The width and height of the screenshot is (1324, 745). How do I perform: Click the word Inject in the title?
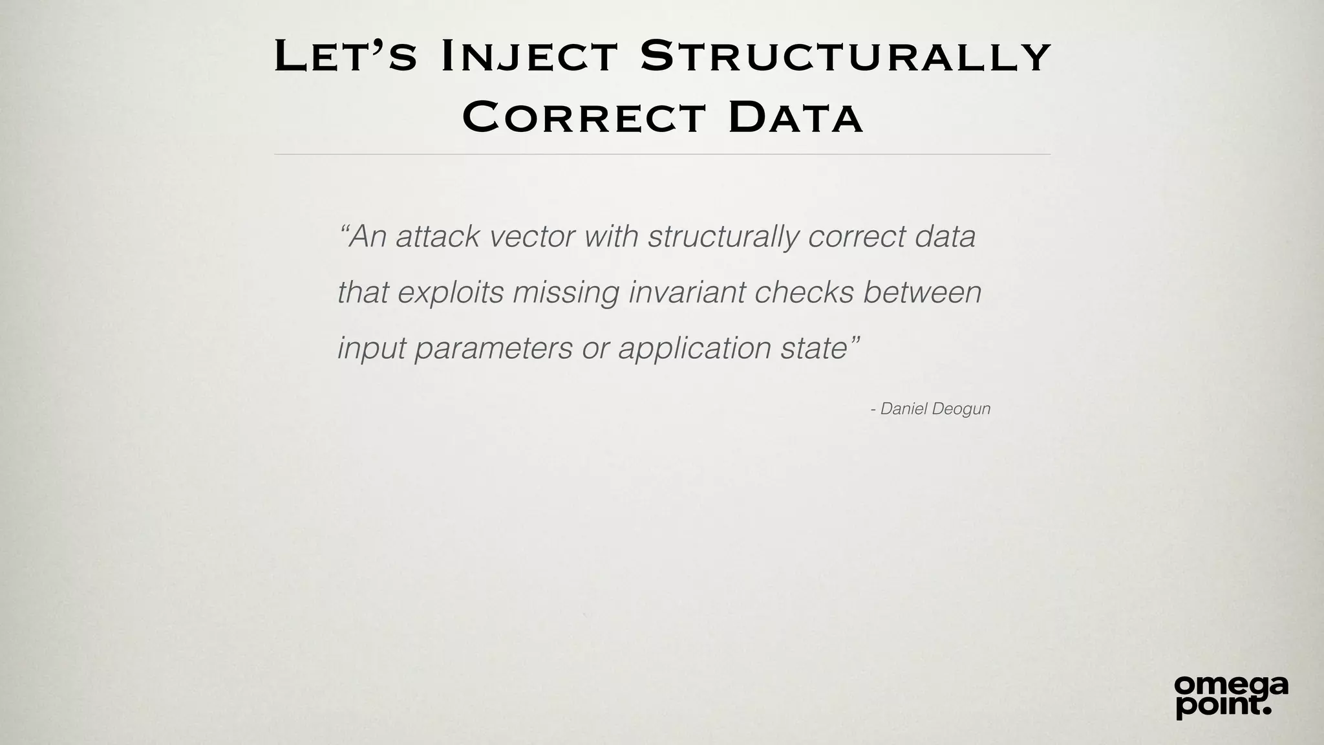pos(530,57)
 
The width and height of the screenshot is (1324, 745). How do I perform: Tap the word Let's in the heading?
pos(345,57)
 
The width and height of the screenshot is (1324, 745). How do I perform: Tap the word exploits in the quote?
pos(450,292)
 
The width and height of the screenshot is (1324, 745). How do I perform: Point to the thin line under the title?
pos(662,155)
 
